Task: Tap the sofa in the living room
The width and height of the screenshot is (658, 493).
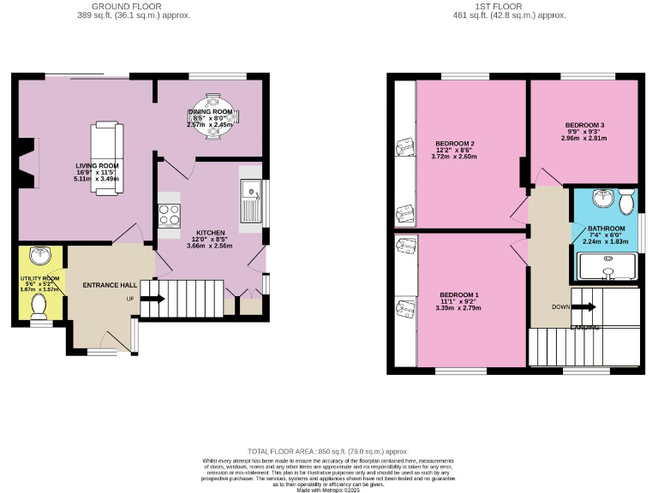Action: pos(107,158)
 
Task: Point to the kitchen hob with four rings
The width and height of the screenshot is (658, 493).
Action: pos(169,215)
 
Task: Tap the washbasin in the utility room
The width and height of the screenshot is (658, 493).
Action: pos(39,255)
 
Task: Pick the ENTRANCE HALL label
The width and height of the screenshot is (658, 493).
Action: pos(110,285)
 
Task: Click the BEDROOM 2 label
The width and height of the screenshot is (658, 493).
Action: pos(454,143)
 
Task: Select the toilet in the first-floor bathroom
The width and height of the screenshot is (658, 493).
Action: pos(626,201)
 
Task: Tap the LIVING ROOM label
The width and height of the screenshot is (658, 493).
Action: pos(96,166)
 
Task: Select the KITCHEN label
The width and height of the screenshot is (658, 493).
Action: pos(210,233)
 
